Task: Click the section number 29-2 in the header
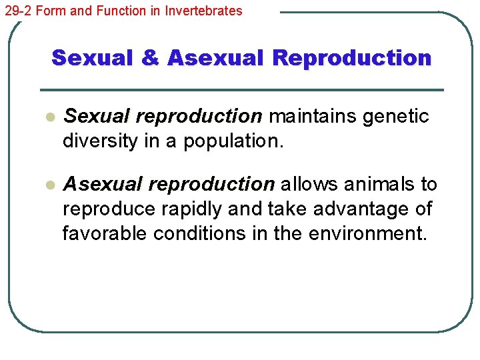[17, 11]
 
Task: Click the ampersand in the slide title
[151, 58]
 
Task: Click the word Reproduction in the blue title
[352, 58]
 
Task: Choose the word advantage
[363, 209]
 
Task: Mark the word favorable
[105, 234]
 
